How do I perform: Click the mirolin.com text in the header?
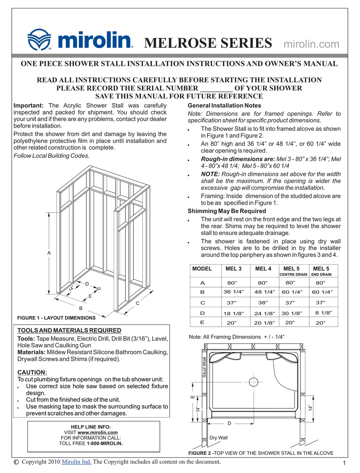click(x=311, y=44)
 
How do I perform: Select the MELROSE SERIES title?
click(x=208, y=43)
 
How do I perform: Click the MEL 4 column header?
click(x=263, y=269)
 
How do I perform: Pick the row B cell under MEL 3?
click(x=234, y=292)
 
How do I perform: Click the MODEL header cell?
click(x=202, y=269)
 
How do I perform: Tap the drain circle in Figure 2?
click(x=253, y=381)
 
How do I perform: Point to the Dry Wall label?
click(x=219, y=438)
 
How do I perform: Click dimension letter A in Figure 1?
click(x=49, y=253)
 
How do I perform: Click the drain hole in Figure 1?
click(x=99, y=289)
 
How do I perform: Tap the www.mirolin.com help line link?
click(x=97, y=432)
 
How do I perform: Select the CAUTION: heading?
click(x=32, y=373)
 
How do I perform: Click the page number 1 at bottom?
click(x=344, y=463)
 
